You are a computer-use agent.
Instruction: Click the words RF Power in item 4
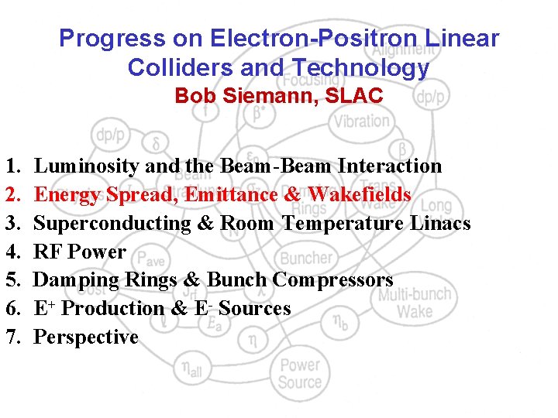click(80, 252)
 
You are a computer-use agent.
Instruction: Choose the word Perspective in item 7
click(86, 337)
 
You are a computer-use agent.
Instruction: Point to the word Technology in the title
click(364, 68)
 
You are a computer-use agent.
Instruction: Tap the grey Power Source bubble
click(300, 373)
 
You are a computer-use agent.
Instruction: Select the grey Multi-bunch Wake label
click(415, 303)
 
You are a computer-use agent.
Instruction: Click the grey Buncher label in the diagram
click(305, 258)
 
